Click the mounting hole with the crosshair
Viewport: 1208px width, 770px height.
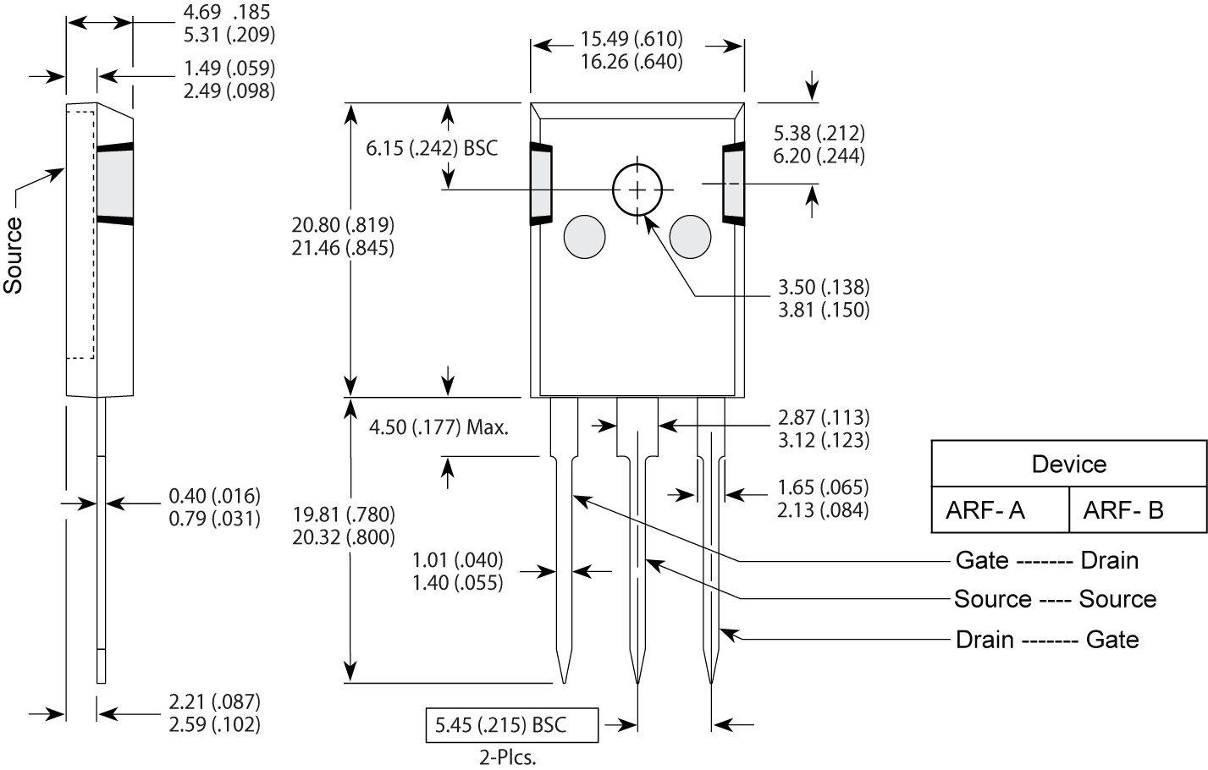point(637,190)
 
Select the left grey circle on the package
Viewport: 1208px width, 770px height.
point(585,236)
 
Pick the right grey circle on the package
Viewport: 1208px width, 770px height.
point(690,236)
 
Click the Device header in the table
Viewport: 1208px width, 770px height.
point(1068,464)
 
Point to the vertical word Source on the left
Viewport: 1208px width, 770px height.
point(14,255)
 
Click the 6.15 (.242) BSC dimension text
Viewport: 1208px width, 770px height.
point(432,148)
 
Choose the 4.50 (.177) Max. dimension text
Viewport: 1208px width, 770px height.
point(439,427)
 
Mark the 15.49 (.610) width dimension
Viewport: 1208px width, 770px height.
point(632,39)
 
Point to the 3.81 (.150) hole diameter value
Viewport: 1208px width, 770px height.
point(823,310)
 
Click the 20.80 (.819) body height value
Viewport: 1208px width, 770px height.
point(343,225)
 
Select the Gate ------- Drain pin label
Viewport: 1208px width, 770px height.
point(1046,560)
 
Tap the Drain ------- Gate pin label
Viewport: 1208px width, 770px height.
point(1046,639)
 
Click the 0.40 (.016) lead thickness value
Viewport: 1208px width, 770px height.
point(214,495)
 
